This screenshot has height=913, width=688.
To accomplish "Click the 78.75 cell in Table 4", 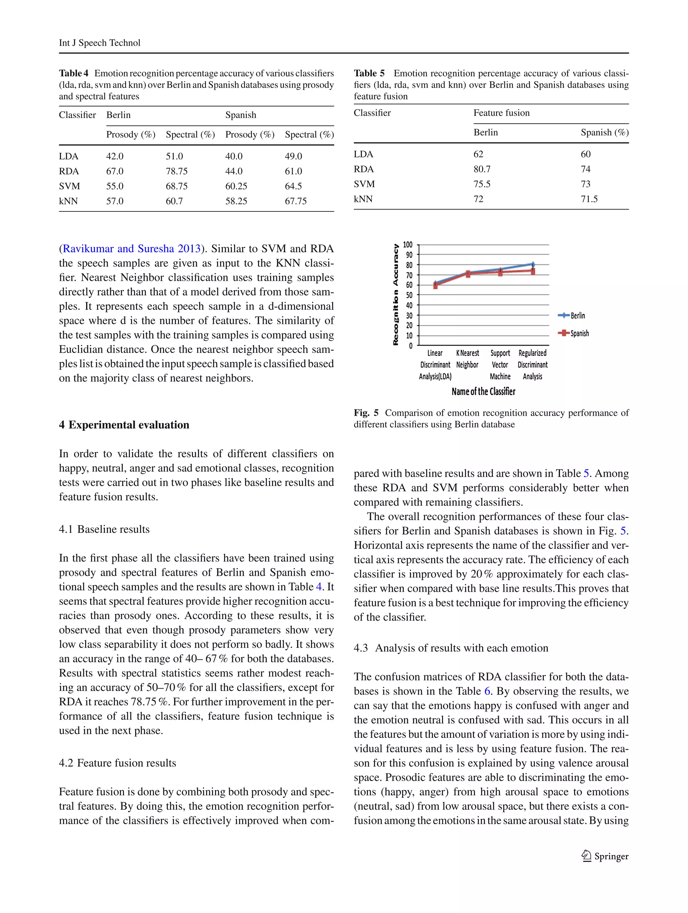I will click(x=176, y=171).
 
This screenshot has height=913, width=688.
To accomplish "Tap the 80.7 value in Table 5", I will click(x=482, y=169).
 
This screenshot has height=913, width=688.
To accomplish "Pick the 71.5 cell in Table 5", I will click(x=589, y=199).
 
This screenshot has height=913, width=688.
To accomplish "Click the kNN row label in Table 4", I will click(x=68, y=201).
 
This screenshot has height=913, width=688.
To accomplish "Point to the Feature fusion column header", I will click(x=501, y=113).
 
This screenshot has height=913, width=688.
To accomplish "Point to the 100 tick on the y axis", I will click(x=407, y=245).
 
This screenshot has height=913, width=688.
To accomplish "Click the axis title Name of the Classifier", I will click(x=483, y=391).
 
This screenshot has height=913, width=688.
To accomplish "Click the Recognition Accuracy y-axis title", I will click(x=396, y=295).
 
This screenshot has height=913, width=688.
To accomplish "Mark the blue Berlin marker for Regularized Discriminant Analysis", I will click(x=533, y=264).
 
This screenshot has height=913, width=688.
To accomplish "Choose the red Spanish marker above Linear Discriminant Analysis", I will click(x=435, y=286).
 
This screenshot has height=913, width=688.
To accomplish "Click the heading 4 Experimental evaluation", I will click(x=124, y=425).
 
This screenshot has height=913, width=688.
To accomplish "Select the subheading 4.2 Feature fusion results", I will click(x=117, y=763).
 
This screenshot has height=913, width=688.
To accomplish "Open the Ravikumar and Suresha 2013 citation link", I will click(x=131, y=249).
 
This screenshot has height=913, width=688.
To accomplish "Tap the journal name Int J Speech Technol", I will click(x=99, y=43).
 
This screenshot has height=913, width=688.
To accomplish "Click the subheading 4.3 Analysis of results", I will click(x=451, y=648).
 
